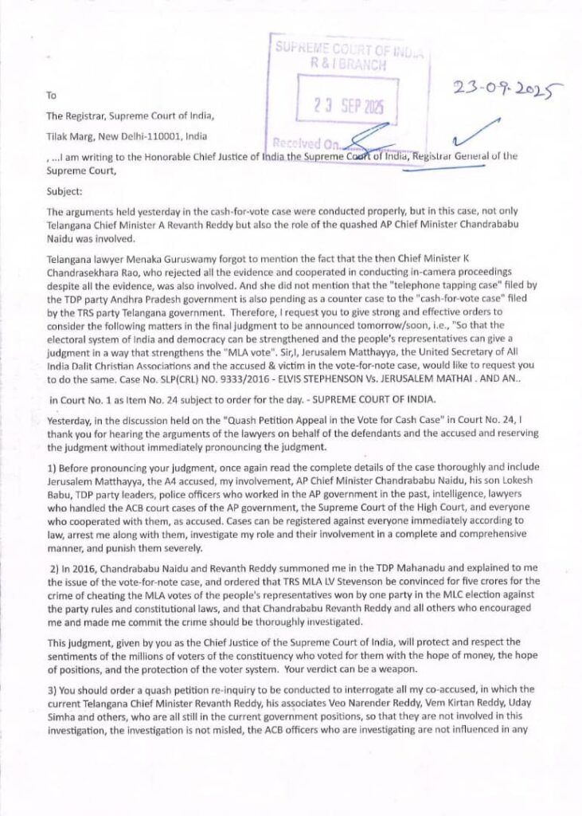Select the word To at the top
51,95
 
